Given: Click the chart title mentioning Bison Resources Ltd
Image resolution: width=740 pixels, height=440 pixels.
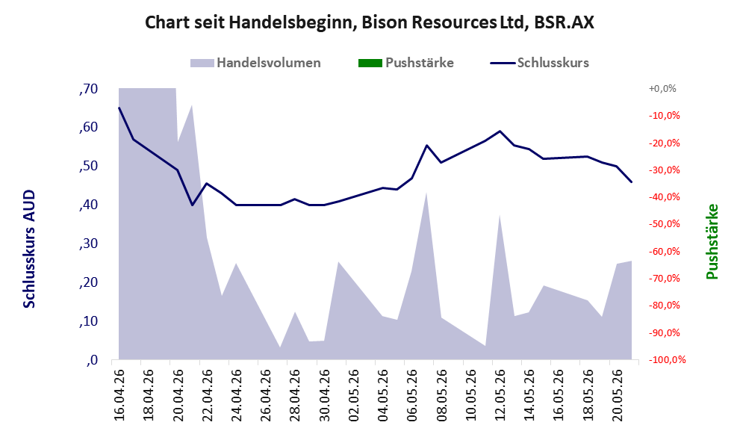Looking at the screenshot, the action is pyautogui.click(x=369, y=22).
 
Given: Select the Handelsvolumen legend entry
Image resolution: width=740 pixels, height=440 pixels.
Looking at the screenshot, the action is pyautogui.click(x=255, y=63).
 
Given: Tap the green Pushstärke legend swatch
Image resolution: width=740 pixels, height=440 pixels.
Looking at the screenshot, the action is pyautogui.click(x=370, y=63).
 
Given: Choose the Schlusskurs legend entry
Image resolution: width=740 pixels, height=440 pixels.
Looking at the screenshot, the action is pyautogui.click(x=539, y=63).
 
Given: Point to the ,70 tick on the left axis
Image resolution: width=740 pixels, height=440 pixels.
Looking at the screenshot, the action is pyautogui.click(x=88, y=89).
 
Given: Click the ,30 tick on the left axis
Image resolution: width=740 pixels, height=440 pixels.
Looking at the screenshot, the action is pyautogui.click(x=88, y=244).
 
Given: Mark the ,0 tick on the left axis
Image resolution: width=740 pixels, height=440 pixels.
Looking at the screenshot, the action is pyautogui.click(x=92, y=360).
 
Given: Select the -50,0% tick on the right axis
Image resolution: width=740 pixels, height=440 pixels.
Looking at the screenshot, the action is pyautogui.click(x=664, y=224).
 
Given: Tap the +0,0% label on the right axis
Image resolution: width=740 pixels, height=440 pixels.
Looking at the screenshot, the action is pyautogui.click(x=662, y=88).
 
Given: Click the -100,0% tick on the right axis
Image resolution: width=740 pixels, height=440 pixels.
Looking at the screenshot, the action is pyautogui.click(x=666, y=360).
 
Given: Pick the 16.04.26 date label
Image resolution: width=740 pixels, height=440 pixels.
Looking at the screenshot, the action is pyautogui.click(x=119, y=394).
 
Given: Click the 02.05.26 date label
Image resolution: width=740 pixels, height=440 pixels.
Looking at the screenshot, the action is pyautogui.click(x=352, y=394).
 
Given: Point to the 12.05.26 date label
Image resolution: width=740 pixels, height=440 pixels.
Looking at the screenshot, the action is pyautogui.click(x=500, y=394).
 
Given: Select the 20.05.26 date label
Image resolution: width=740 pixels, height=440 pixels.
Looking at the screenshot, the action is pyautogui.click(x=617, y=394).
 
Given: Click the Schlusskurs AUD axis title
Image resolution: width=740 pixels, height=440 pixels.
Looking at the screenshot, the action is pyautogui.click(x=29, y=249).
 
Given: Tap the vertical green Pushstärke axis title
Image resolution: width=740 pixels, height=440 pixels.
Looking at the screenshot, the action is pyautogui.click(x=712, y=241).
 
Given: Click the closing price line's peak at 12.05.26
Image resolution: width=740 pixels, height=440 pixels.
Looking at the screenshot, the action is pyautogui.click(x=500, y=131).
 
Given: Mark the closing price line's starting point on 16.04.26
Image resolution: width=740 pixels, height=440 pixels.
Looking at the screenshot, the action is pyautogui.click(x=119, y=108).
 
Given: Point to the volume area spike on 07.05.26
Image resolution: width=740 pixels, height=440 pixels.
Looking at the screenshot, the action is pyautogui.click(x=426, y=193).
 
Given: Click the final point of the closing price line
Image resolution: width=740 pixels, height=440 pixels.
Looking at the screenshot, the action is pyautogui.click(x=632, y=182).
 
